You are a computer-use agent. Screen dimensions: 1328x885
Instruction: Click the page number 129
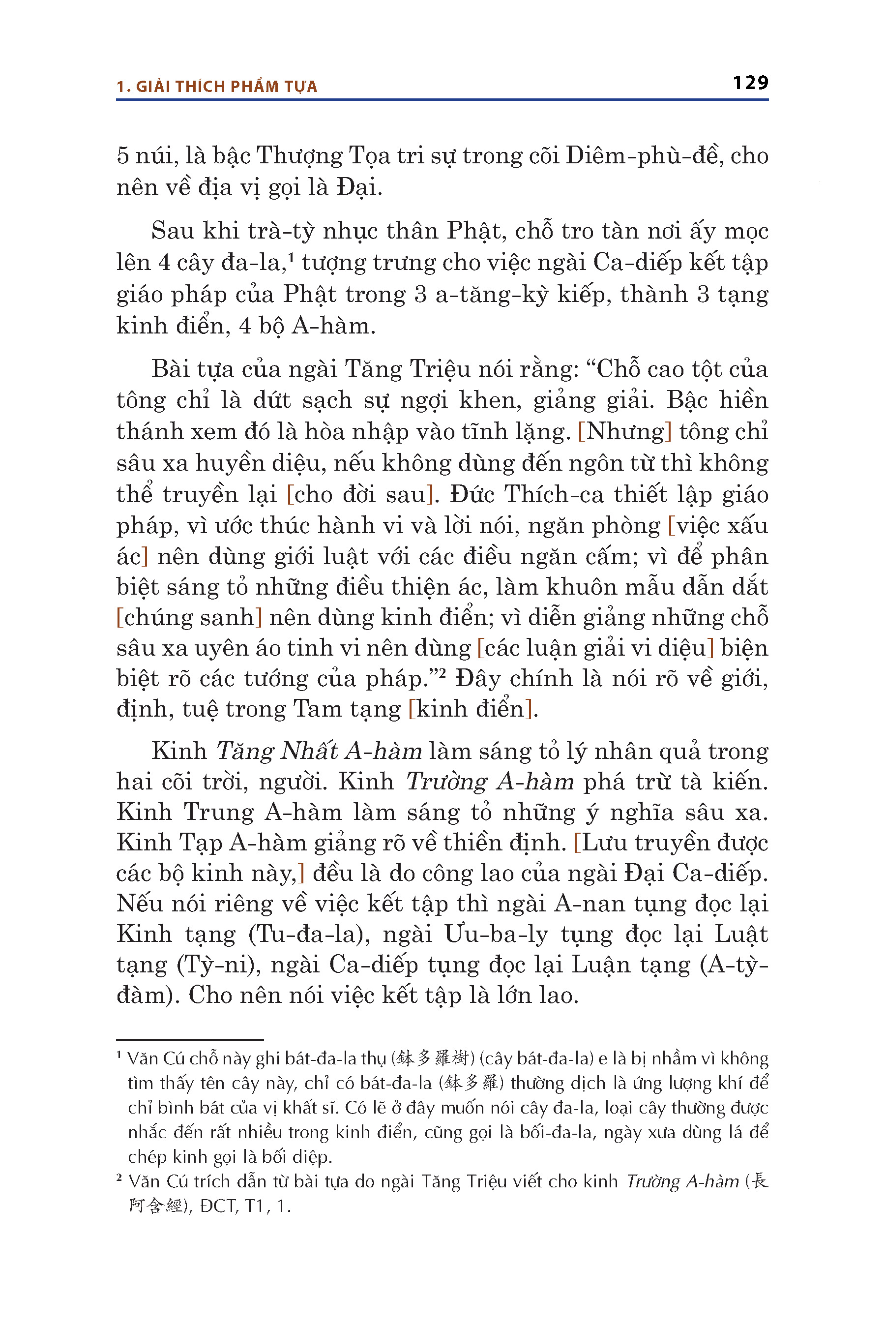[750, 83]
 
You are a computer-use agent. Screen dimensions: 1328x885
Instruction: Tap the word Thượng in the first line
[299, 156]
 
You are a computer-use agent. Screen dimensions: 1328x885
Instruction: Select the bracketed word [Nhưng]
[625, 432]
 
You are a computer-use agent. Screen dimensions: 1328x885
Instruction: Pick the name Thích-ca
[554, 495]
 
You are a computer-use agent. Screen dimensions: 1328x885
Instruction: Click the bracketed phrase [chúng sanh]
[189, 617]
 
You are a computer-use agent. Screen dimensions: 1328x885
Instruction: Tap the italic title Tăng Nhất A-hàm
[319, 751]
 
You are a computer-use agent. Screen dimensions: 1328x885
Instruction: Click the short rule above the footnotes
[190, 1039]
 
